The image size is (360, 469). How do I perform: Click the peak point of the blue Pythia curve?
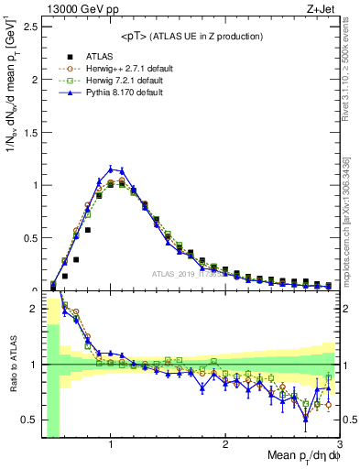[111, 169]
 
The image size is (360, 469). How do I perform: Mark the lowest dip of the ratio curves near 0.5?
[306, 419]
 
